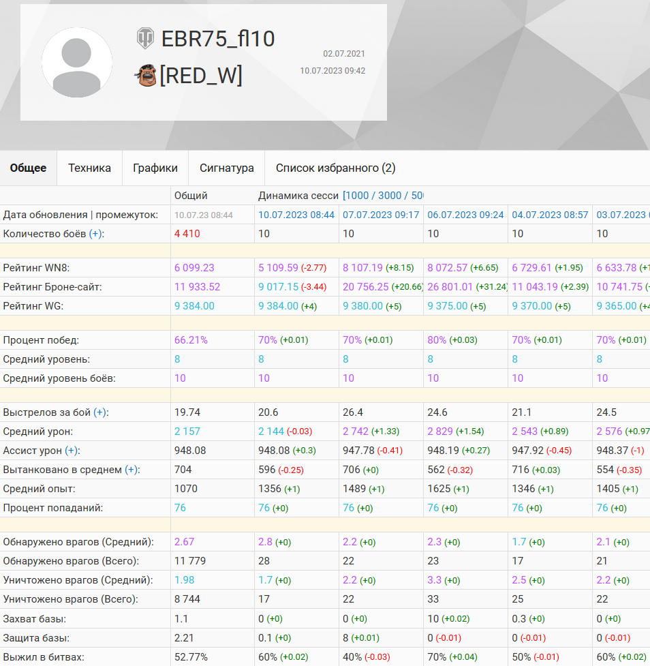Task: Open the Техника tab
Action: tap(89, 168)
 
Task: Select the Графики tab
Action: tap(155, 168)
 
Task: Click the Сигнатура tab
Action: tap(227, 168)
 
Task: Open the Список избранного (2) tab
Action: tap(335, 168)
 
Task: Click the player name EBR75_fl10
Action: tap(218, 39)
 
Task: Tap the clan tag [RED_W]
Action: tap(201, 76)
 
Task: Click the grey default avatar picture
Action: tap(77, 63)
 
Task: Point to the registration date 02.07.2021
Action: tap(344, 54)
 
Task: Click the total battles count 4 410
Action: tap(187, 234)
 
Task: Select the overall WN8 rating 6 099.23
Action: tap(194, 268)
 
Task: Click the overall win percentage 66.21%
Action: tap(191, 340)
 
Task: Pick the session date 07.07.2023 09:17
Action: tap(381, 215)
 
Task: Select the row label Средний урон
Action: tap(37, 432)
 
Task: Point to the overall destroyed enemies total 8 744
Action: tap(187, 599)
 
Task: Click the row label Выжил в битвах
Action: tap(44, 657)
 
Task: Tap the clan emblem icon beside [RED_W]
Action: tap(146, 75)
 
